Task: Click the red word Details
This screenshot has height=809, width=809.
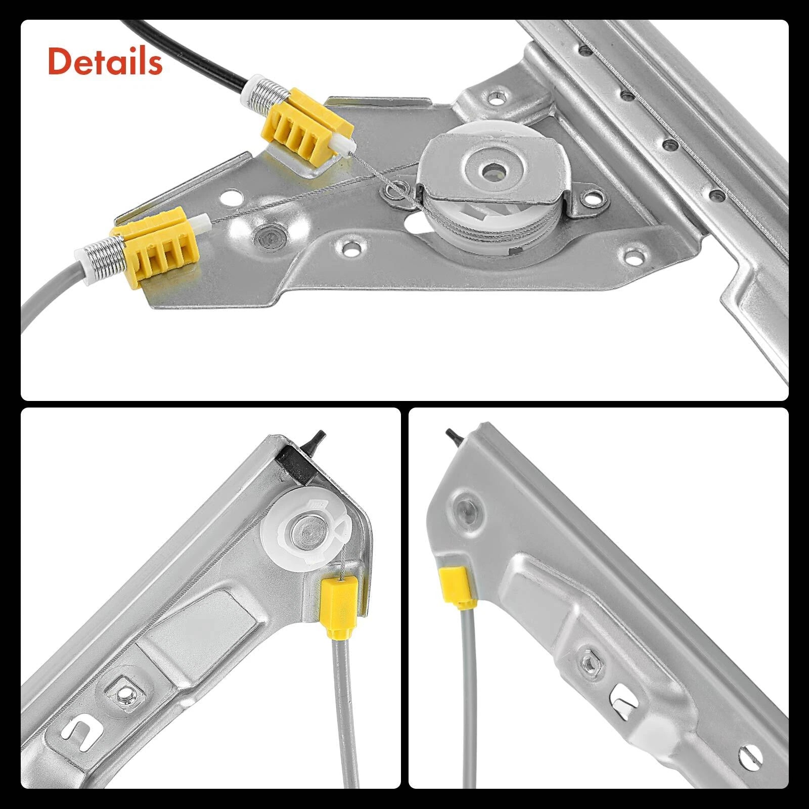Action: click(105, 62)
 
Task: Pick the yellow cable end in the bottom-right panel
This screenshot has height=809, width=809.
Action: click(455, 587)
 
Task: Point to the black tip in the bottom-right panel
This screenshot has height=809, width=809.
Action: click(454, 436)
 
